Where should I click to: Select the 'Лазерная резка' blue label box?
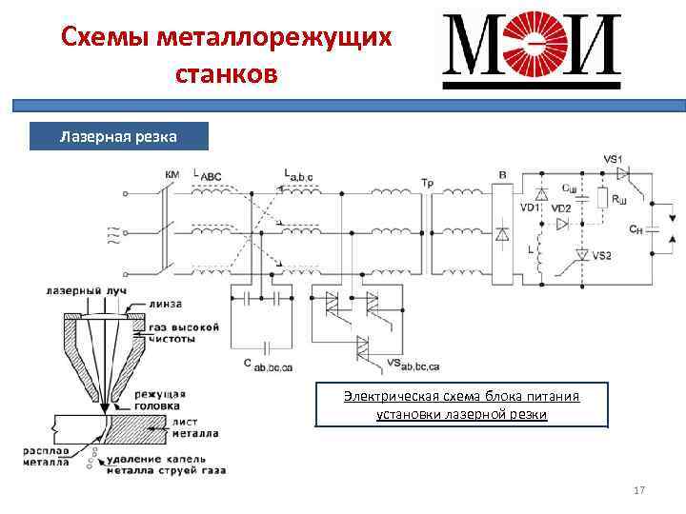pos(118,137)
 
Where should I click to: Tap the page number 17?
pos(639,490)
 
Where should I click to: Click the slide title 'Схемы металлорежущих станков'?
pos(226,55)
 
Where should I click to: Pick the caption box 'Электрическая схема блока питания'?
pos(461,405)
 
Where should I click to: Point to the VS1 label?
pos(613,158)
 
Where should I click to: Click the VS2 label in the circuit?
pos(602,255)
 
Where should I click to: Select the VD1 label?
pos(529,208)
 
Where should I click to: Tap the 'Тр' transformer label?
pos(426,181)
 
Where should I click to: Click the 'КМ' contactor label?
pos(172,175)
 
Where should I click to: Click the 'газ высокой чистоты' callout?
pos(186,332)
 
